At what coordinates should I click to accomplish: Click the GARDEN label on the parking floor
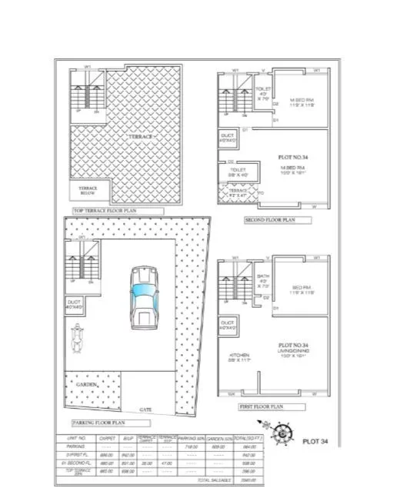coord(85,383)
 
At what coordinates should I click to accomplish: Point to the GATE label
coord(145,410)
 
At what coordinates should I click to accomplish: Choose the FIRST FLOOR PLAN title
coord(262,406)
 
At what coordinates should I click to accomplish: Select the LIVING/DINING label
coord(293,351)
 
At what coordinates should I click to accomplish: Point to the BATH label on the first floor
coord(262,280)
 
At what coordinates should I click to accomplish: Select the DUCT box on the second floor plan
coord(228,138)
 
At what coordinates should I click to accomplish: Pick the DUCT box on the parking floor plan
coord(75,303)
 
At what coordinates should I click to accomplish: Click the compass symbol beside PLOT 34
coord(282,436)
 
